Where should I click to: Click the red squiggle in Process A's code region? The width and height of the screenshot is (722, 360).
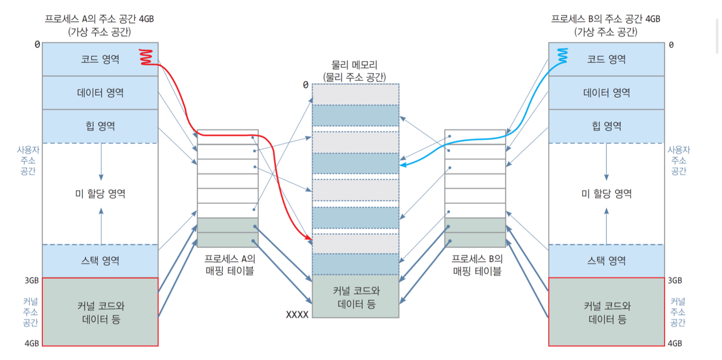(146, 57)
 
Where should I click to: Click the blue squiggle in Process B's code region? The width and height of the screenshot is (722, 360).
(562, 56)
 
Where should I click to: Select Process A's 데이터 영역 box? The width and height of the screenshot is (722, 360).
(100, 93)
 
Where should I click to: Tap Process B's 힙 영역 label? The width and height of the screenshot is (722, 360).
(606, 126)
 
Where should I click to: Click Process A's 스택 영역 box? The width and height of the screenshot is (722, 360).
(100, 261)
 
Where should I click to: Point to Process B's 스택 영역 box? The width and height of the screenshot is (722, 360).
(606, 261)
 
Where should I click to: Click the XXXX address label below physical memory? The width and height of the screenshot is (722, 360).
(297, 315)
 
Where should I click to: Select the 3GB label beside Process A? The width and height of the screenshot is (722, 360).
(32, 281)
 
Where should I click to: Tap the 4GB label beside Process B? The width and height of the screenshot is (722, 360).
(675, 343)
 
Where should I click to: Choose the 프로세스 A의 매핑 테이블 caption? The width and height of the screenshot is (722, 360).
(229, 265)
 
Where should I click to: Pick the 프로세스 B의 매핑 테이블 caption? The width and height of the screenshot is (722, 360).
(477, 265)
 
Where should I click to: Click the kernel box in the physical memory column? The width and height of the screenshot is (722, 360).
(356, 296)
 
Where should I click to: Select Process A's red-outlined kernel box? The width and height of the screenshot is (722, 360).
(100, 312)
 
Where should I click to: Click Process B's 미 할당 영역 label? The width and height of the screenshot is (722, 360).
(606, 194)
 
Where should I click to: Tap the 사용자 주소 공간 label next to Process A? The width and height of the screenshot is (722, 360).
(28, 161)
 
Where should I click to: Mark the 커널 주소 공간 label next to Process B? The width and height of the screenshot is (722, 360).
(678, 312)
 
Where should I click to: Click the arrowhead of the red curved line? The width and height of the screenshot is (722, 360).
(310, 238)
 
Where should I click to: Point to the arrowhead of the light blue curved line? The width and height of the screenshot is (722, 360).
(402, 165)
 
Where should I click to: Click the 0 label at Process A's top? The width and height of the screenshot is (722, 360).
(37, 45)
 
